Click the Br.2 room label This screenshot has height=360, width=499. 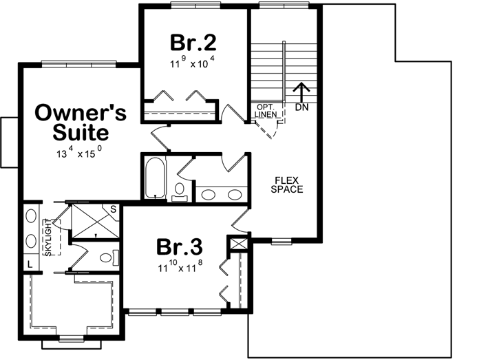point(194,43)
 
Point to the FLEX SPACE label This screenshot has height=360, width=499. point(286,184)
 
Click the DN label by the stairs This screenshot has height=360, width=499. point(301,107)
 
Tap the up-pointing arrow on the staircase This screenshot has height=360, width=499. point(300,91)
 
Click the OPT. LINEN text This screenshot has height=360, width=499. point(266,112)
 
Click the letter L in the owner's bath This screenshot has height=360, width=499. point(31,264)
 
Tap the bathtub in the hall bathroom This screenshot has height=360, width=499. point(153,178)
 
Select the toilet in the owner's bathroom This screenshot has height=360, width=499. point(106,258)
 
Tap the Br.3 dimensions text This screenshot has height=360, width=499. point(180,265)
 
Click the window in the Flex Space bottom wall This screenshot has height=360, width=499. point(282,241)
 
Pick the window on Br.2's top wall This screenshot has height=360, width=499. point(194,6)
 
